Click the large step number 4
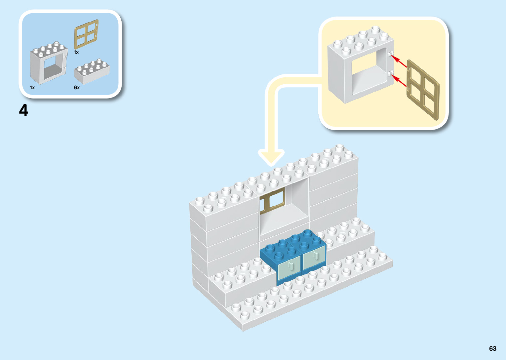pyautogui.click(x=23, y=110)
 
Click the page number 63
pyautogui.click(x=492, y=348)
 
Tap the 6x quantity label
pyautogui.click(x=77, y=88)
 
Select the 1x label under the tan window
pyautogui.click(x=76, y=52)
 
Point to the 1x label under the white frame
pyautogui.click(x=32, y=88)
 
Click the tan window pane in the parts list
pyautogui.click(x=86, y=34)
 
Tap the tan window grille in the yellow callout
pyautogui.click(x=423, y=90)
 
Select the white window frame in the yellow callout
pyautogui.click(x=360, y=66)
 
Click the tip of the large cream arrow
pyautogui.click(x=271, y=163)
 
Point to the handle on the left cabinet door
pyautogui.click(x=291, y=266)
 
